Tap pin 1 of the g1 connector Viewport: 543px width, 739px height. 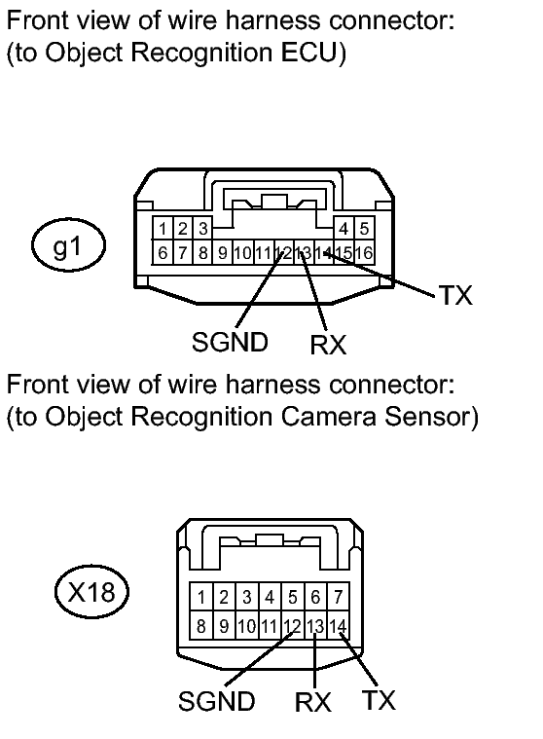click(163, 229)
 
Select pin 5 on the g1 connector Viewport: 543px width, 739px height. click(364, 229)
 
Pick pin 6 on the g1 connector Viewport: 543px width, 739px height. click(163, 252)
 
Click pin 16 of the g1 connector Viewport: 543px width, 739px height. click(364, 252)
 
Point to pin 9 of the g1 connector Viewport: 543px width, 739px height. click(223, 252)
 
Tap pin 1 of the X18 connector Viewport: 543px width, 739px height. click(201, 597)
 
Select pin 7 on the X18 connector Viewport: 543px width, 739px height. click(338, 597)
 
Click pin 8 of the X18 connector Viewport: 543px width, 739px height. click(201, 626)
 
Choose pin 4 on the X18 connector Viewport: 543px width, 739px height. click(270, 597)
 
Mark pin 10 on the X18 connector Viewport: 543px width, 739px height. click(247, 626)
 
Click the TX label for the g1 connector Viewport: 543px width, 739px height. click(455, 296)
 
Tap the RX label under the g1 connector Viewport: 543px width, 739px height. click(328, 345)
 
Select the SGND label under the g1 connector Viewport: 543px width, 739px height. click(230, 342)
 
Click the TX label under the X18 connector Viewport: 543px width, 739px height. click(379, 700)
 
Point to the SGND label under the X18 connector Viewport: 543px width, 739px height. click(217, 701)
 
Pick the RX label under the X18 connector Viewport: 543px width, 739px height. click(313, 702)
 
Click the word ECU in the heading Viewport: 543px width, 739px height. click(309, 52)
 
